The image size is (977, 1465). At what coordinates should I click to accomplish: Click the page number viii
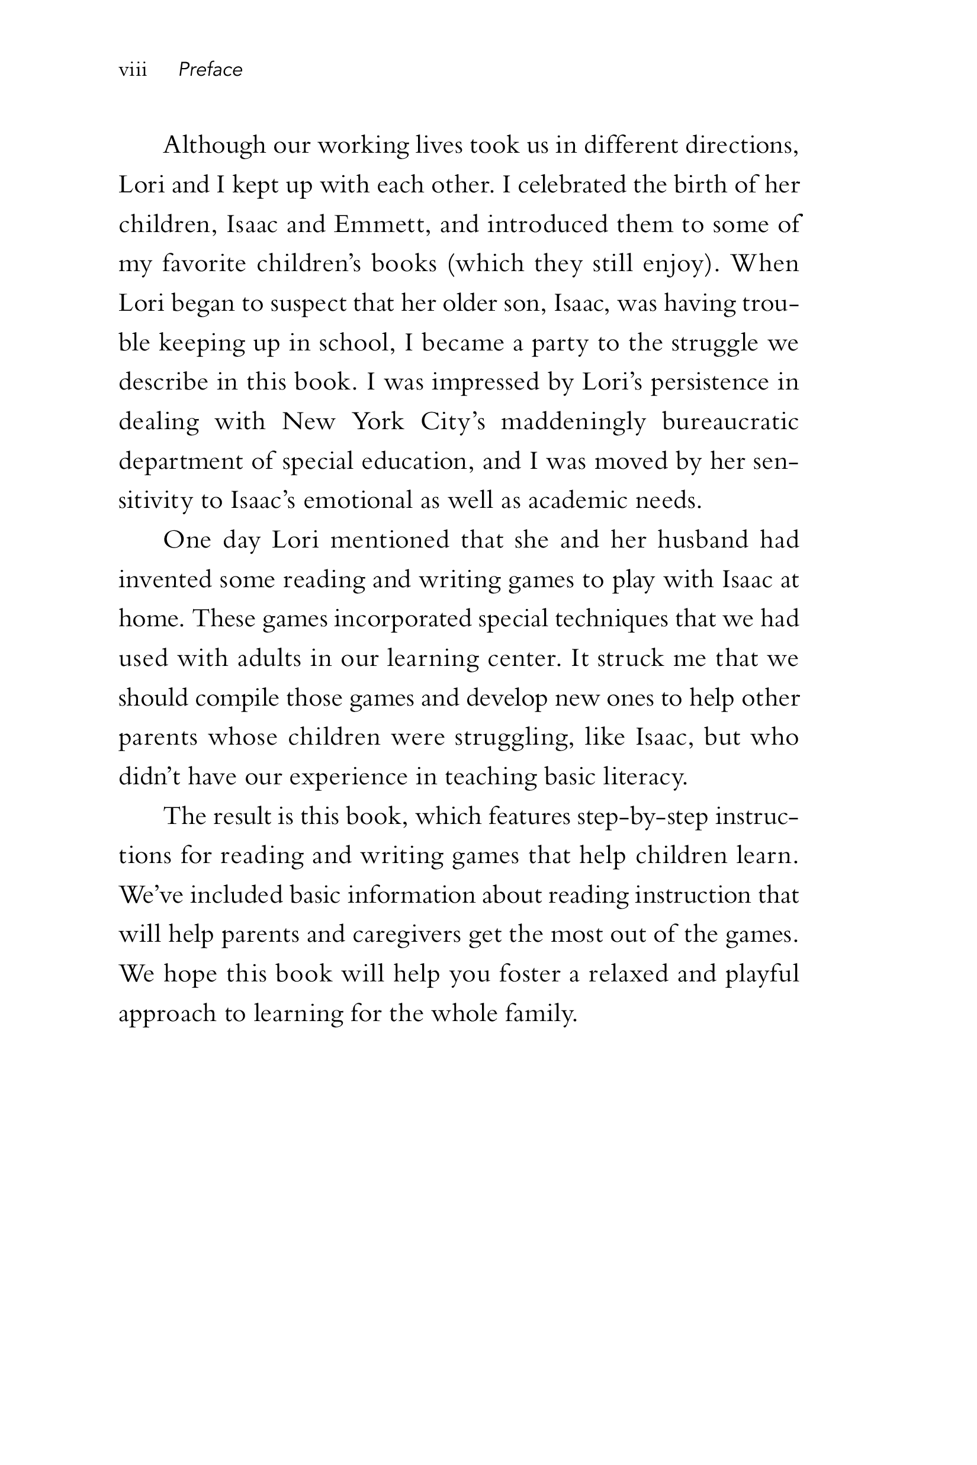(x=133, y=70)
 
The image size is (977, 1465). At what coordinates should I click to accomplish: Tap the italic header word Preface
(x=210, y=70)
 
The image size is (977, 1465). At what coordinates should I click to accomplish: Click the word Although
(x=214, y=146)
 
